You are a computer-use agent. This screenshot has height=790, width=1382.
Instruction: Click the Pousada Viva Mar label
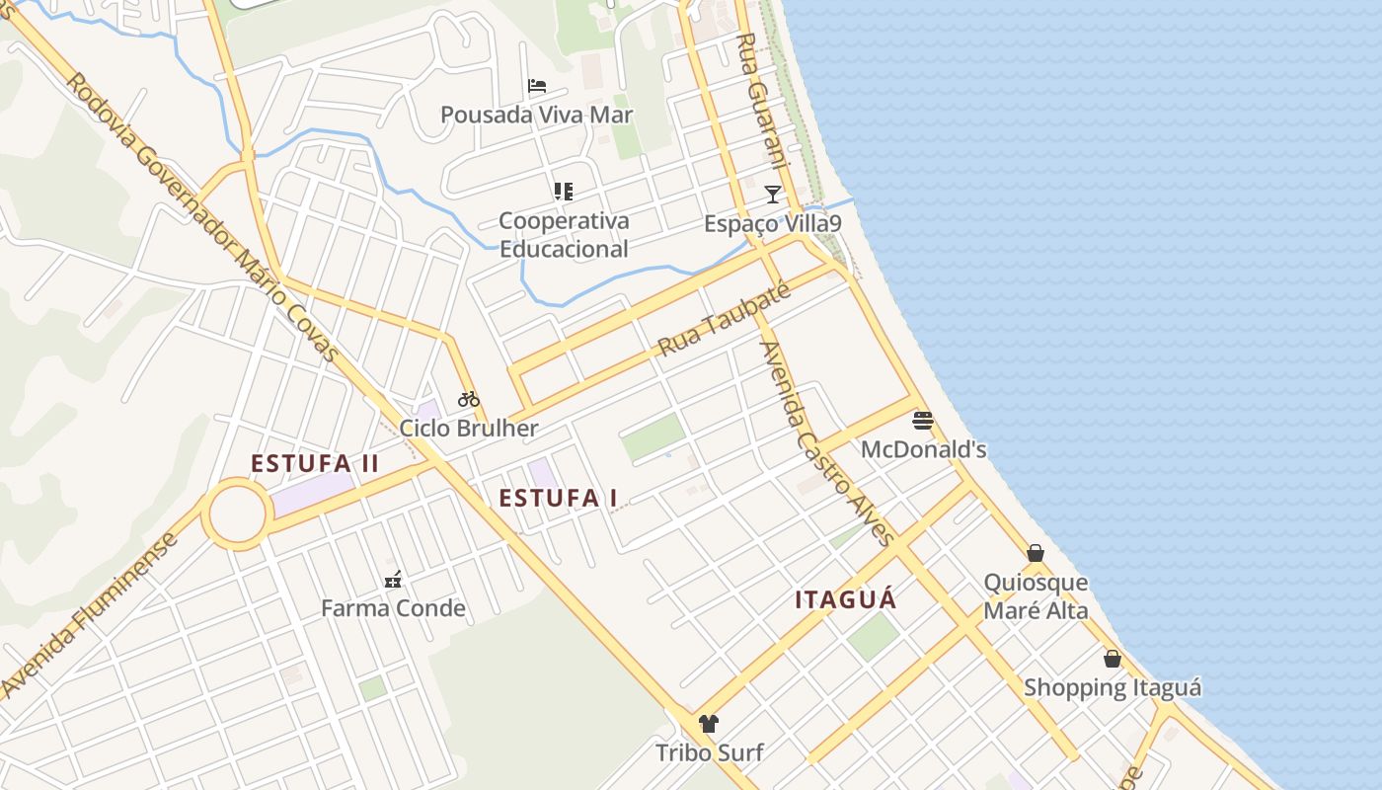pos(536,115)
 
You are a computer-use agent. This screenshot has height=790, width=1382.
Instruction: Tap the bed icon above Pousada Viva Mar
pos(537,86)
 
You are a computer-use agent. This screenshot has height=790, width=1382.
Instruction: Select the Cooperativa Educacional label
pos(564,235)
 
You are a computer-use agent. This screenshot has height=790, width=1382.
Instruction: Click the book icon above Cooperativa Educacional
pos(564,191)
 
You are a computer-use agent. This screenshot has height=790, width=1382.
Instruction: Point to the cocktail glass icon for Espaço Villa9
pos(773,195)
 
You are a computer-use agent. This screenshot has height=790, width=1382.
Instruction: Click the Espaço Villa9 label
pos(772,224)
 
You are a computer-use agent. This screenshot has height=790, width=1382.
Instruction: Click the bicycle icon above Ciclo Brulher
pos(469,399)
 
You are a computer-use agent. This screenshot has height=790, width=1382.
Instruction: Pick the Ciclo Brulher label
pos(469,429)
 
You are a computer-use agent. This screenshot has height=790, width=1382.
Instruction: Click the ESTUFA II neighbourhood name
pos(315,463)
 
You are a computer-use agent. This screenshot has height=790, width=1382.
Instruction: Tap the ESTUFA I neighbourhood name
pos(558,498)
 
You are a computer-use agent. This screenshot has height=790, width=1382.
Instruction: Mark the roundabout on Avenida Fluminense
pos(237,513)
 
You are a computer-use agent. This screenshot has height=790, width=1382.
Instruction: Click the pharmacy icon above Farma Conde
pos(393,580)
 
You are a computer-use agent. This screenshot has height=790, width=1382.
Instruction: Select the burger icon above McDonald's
pos(923,421)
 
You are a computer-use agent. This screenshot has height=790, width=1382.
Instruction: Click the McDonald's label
pos(923,450)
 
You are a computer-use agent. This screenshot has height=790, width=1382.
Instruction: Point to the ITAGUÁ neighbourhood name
pos(846,599)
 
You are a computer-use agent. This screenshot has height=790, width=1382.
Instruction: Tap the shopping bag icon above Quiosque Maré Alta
pos(1036,553)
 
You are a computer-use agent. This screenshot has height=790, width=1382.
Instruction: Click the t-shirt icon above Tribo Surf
pos(709,724)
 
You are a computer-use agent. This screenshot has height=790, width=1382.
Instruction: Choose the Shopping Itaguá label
pos(1113,687)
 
